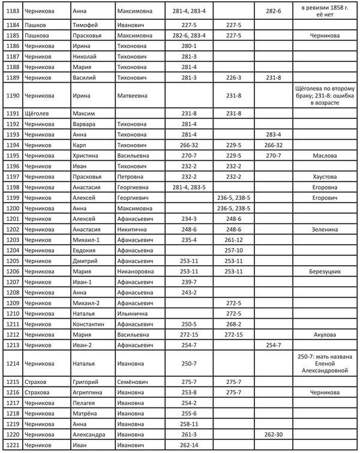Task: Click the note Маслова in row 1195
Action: click(325, 155)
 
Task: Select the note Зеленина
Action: click(325, 229)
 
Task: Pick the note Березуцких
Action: click(325, 271)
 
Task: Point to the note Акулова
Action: click(325, 334)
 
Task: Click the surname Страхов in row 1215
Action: click(37, 382)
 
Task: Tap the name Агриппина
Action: click(89, 392)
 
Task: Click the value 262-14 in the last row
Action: click(188, 445)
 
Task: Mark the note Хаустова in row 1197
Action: click(325, 176)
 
